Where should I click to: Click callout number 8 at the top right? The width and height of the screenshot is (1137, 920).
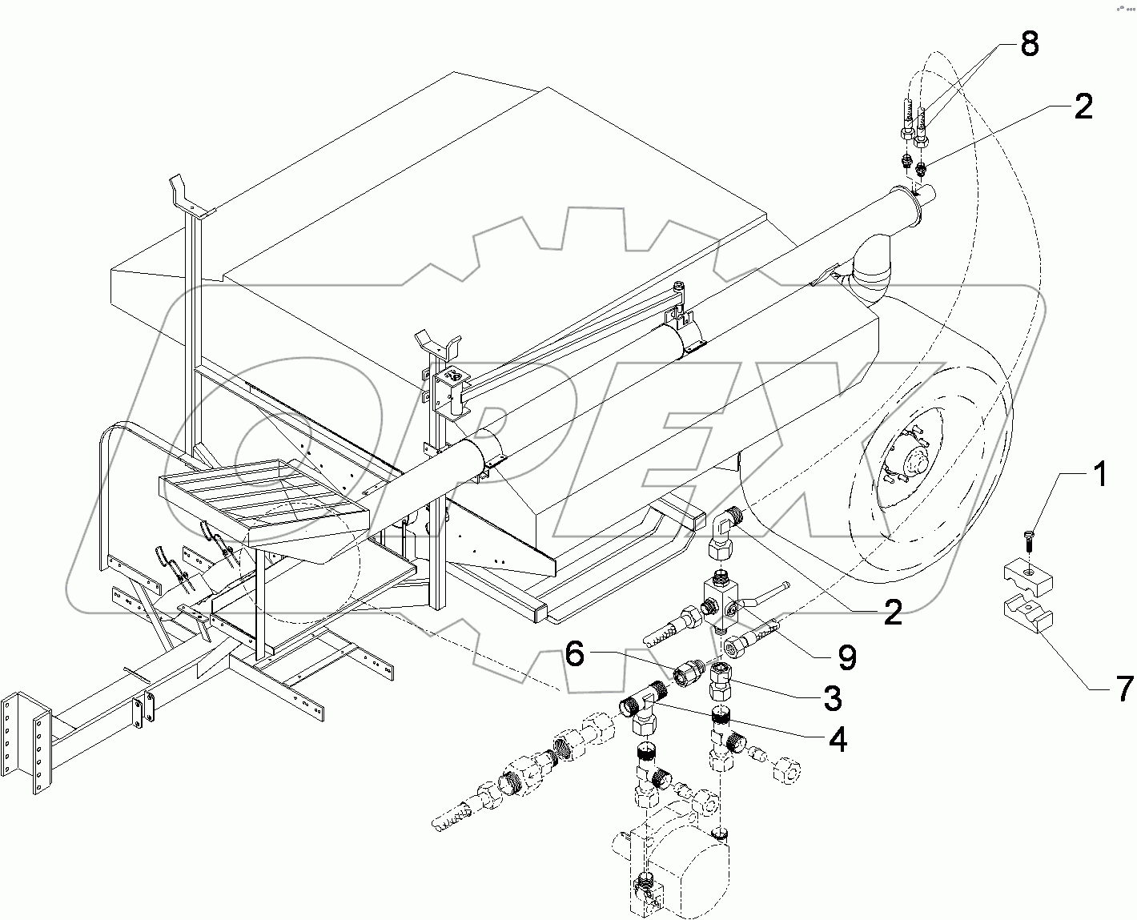coord(1029,45)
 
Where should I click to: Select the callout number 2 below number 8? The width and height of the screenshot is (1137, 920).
coord(1083,106)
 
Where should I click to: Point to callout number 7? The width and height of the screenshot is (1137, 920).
coord(1123,687)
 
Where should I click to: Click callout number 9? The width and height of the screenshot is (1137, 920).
coord(846,657)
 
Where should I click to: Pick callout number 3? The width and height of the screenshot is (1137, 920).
coord(833,697)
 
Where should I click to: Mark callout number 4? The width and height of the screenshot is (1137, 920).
coord(837,741)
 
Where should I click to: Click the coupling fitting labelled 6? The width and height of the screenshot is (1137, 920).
coord(688,673)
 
